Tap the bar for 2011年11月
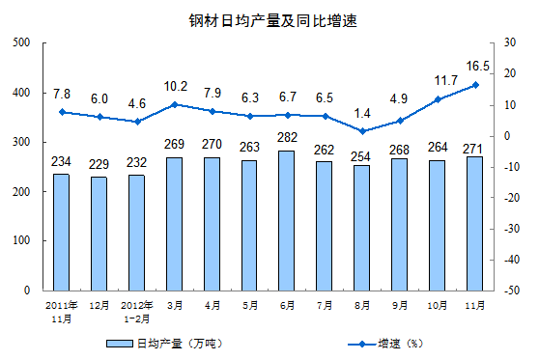pyautogui.click(x=61, y=232)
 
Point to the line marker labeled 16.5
pyautogui.click(x=475, y=85)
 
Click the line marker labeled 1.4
pyautogui.click(x=362, y=131)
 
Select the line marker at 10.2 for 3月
pyautogui.click(x=174, y=104)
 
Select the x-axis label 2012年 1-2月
pyautogui.click(x=136, y=310)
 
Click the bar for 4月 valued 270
pyautogui.click(x=212, y=223)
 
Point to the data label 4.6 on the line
pyautogui.click(x=136, y=102)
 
